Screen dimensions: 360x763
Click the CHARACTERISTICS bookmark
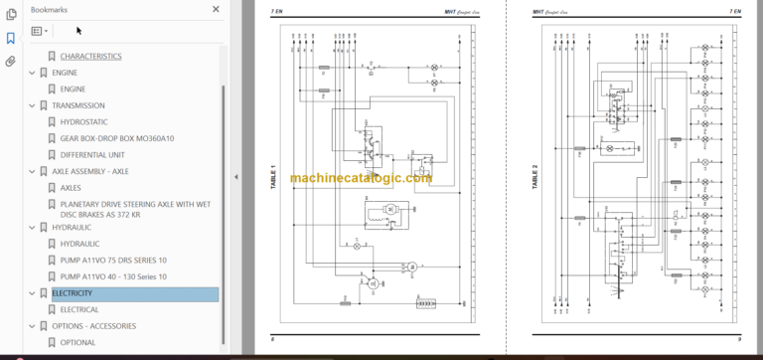click(x=90, y=57)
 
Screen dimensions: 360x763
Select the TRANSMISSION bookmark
click(x=77, y=105)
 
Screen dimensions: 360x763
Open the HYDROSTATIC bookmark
click(x=86, y=121)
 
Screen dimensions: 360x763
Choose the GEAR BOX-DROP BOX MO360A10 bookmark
click(x=116, y=138)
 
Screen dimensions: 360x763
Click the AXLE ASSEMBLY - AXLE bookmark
click(x=90, y=171)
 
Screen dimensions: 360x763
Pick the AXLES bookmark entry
click(x=71, y=187)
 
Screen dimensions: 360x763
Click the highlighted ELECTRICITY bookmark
click(x=73, y=293)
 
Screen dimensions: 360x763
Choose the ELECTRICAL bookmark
click(x=79, y=309)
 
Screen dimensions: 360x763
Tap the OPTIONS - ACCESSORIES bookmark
click(x=93, y=326)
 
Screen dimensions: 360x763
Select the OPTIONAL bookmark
click(x=77, y=342)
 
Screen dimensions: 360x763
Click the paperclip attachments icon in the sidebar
click(x=10, y=61)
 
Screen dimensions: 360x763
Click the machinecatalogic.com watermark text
click(x=361, y=179)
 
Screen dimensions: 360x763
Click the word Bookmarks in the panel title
click(x=50, y=9)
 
